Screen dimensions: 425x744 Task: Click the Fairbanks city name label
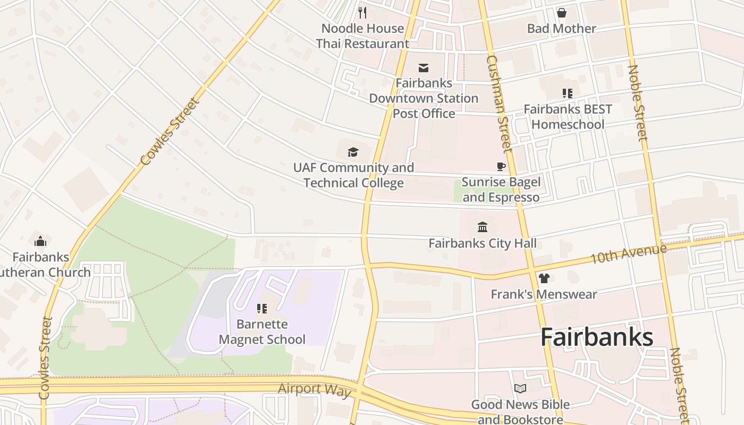coord(597,338)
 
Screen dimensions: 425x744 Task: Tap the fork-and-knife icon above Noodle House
coord(362,12)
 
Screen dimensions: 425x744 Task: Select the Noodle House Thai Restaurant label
coord(362,36)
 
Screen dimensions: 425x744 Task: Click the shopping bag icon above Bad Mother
coord(561,13)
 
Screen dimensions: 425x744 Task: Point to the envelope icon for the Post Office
coord(424,67)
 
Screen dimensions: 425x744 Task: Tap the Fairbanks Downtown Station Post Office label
coord(424,98)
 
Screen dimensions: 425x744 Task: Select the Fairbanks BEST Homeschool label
coord(568,117)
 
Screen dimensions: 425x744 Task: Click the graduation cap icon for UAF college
coord(353,152)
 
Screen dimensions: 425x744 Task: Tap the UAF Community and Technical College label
coord(353,175)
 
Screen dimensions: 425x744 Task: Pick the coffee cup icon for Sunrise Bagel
coord(501,167)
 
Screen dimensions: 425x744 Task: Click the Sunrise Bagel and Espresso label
coord(501,190)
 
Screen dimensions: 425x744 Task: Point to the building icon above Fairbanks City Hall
coord(483,227)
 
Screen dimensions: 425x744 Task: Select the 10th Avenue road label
coord(628,254)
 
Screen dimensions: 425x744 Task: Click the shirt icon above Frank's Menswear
coord(544,278)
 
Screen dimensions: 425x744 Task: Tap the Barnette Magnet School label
coord(262,332)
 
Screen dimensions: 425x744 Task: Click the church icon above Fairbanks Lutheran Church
coord(40,242)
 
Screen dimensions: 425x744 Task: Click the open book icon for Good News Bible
coord(520,389)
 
